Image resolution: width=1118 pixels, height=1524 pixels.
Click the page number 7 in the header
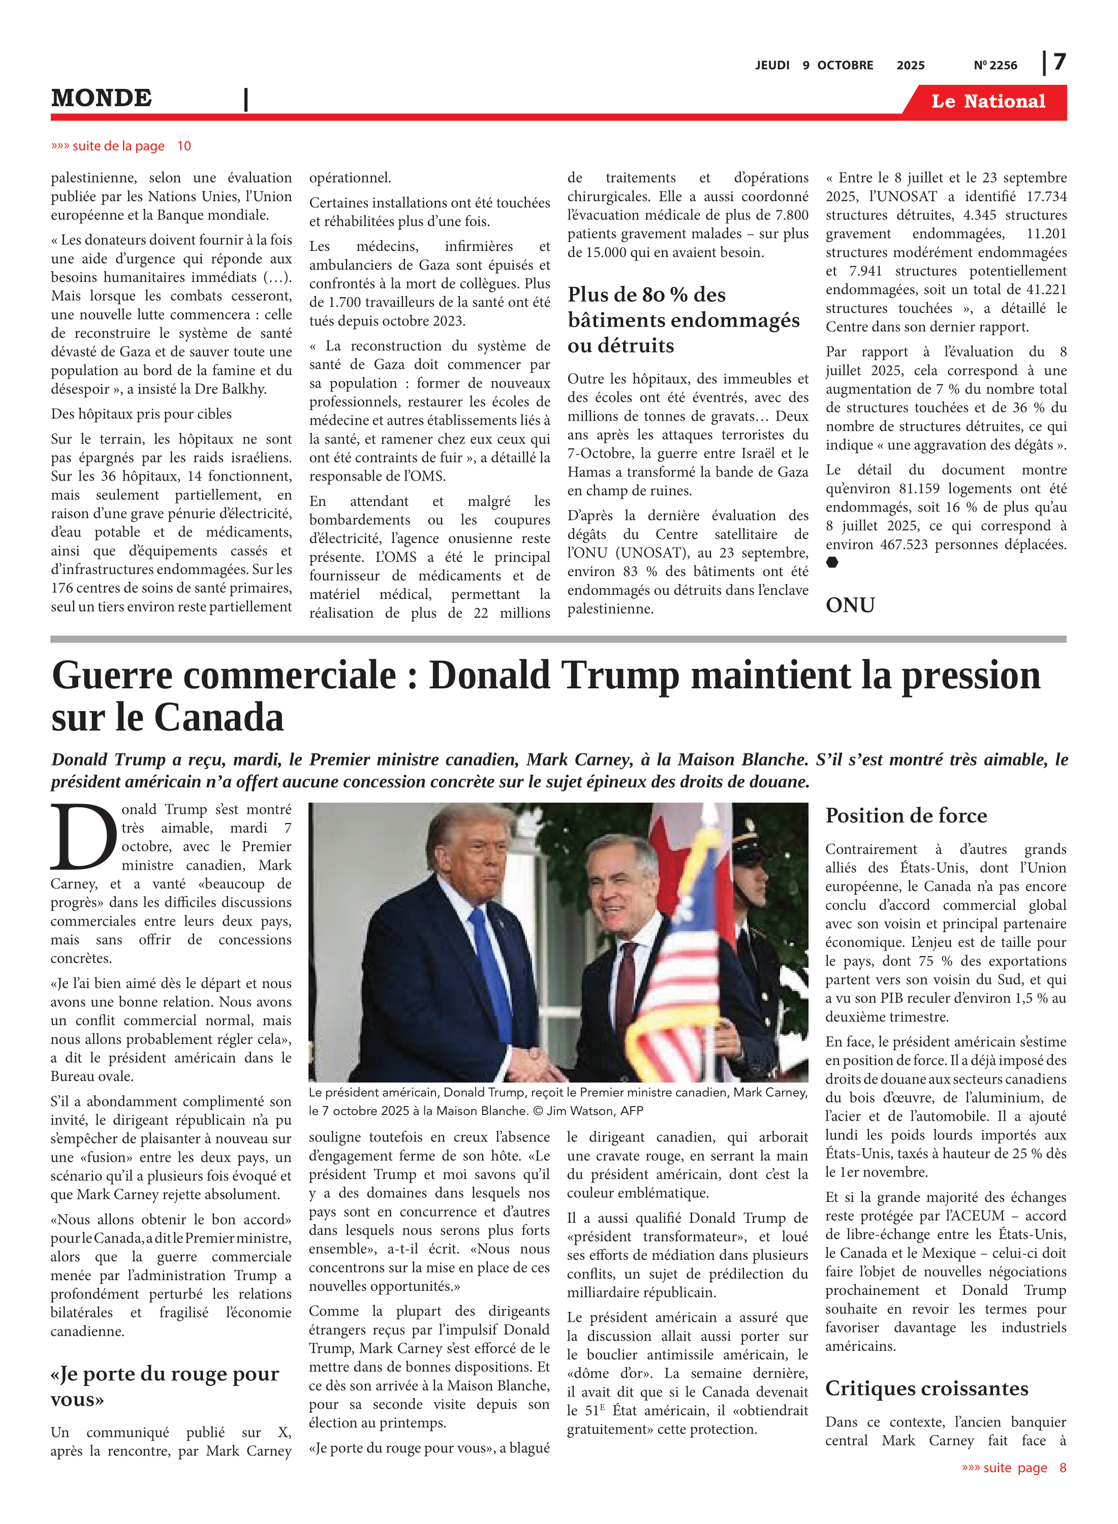coord(1059,62)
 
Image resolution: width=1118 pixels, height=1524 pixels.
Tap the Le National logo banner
coord(987,102)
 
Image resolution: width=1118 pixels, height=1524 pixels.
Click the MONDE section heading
coord(102,98)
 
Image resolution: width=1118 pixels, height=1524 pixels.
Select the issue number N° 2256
coord(995,66)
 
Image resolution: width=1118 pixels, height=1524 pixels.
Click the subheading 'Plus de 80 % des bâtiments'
coord(684,320)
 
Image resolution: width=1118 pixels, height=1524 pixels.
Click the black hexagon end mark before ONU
coord(832,563)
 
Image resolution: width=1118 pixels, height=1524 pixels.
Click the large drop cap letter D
coord(84,837)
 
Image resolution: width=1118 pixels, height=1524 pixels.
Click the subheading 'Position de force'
coord(906,816)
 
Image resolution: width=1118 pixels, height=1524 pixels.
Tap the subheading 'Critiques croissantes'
coord(926,1389)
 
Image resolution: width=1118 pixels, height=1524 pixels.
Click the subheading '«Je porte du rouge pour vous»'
coord(165,1386)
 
